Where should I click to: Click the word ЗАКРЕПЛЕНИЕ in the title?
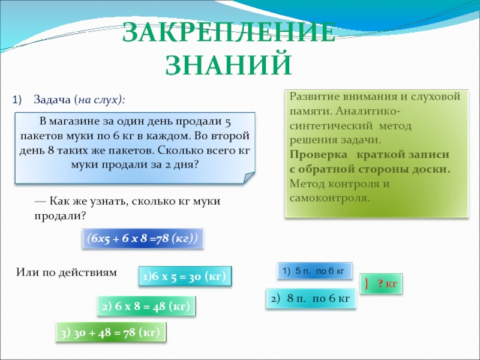pyautogui.click(x=229, y=32)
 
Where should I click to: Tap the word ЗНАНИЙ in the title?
pyautogui.click(x=229, y=65)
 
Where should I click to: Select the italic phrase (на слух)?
pyautogui.click(x=99, y=100)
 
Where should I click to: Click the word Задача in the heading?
pyautogui.click(x=52, y=100)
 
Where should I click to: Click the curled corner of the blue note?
pyautogui.click(x=248, y=178)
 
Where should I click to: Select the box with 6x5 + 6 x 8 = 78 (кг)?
pyautogui.click(x=143, y=238)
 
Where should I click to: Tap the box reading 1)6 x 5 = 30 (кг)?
pyautogui.click(x=185, y=277)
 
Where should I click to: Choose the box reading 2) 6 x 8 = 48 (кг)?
pyautogui.click(x=146, y=306)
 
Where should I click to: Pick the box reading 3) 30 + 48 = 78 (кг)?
pyautogui.click(x=111, y=332)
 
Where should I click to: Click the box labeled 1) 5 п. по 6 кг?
pyautogui.click(x=314, y=271)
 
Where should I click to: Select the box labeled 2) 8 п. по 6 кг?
pyautogui.click(x=311, y=298)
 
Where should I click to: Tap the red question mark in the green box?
pyautogui.click(x=380, y=283)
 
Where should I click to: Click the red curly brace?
pyautogui.click(x=367, y=284)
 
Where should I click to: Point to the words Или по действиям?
pyautogui.click(x=67, y=272)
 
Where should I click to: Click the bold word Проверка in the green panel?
pyautogui.click(x=319, y=155)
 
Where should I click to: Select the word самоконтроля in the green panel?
pyautogui.click(x=329, y=198)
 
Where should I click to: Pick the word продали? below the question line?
pyautogui.click(x=60, y=216)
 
